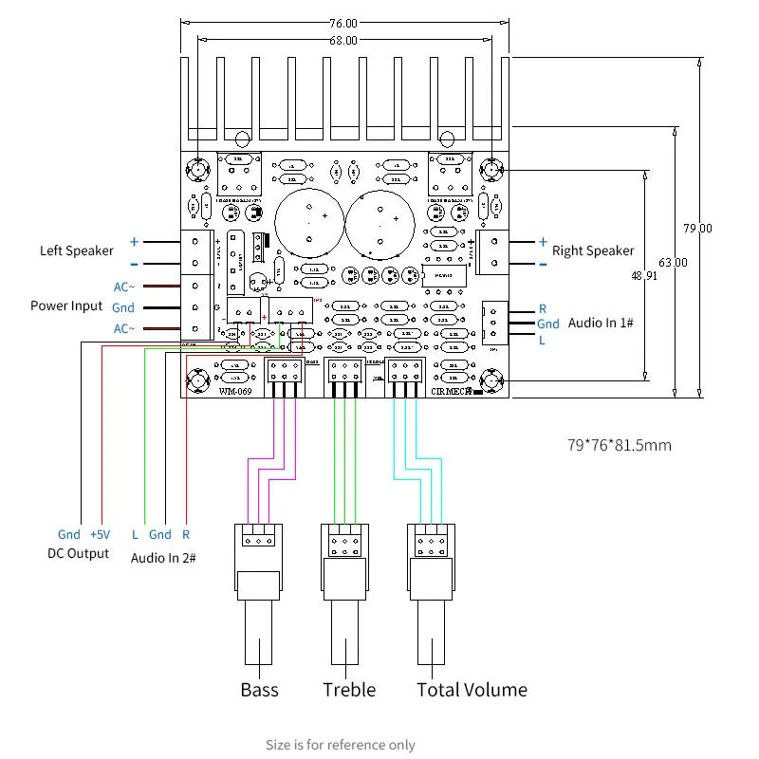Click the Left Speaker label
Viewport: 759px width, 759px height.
76,250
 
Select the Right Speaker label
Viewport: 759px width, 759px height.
593,250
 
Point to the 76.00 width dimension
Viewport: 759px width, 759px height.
343,23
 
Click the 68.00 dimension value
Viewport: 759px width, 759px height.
343,40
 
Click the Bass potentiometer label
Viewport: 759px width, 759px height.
259,690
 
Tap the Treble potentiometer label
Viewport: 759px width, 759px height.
348,690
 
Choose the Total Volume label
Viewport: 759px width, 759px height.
472,690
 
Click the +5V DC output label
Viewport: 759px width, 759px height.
101,535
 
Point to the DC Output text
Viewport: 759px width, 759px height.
78,553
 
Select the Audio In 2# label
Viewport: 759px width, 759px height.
162,557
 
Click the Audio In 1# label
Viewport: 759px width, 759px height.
601,324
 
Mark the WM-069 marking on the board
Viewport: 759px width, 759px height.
235,390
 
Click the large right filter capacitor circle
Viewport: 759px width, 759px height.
379,224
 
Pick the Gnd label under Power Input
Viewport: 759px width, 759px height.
123,307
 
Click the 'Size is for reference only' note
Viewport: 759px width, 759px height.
340,745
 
